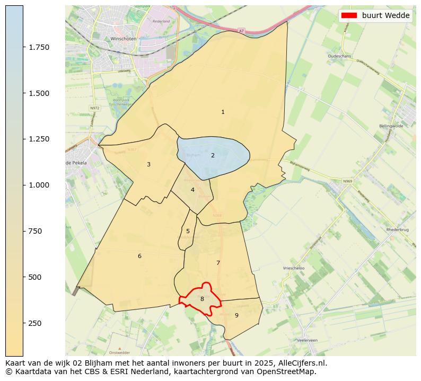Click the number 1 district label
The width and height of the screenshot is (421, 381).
223,112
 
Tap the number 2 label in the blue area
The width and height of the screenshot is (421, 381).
213,155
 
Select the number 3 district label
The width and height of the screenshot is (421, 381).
148,164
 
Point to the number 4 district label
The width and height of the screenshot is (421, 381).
192,190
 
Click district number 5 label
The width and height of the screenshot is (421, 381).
188,231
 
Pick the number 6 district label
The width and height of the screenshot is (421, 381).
139,256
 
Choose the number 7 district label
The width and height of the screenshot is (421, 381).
218,263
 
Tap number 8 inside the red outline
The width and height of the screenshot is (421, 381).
202,299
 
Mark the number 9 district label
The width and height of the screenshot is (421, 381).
236,315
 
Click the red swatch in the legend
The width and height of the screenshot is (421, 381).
349,15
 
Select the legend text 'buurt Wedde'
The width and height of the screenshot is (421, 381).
385,15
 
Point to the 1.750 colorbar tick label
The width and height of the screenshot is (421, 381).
39,47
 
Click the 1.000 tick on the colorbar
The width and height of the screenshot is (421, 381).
39,185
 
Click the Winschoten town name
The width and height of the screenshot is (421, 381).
123,39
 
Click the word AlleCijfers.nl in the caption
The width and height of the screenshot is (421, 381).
301,363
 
